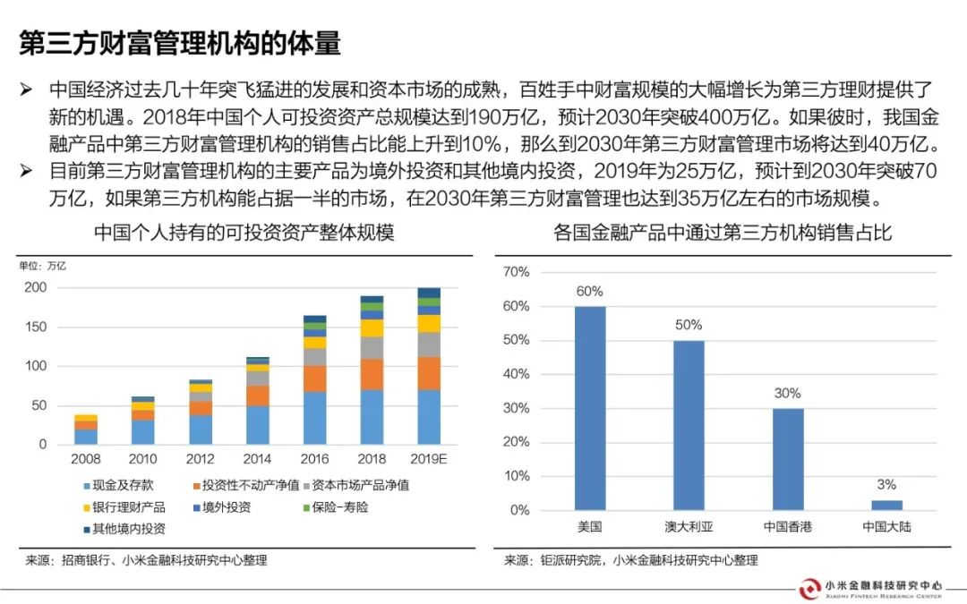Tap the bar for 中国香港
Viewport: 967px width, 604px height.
(788, 459)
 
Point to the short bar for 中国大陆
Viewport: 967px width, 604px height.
(886, 506)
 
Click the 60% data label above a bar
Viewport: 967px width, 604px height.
(590, 291)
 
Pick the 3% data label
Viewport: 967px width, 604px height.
(886, 485)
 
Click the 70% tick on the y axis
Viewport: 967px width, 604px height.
(518, 271)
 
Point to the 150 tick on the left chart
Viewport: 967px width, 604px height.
(35, 327)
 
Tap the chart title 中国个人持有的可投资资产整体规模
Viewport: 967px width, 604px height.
(244, 234)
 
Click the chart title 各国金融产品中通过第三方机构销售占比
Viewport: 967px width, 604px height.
(723, 234)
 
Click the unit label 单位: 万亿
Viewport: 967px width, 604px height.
(42, 265)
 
